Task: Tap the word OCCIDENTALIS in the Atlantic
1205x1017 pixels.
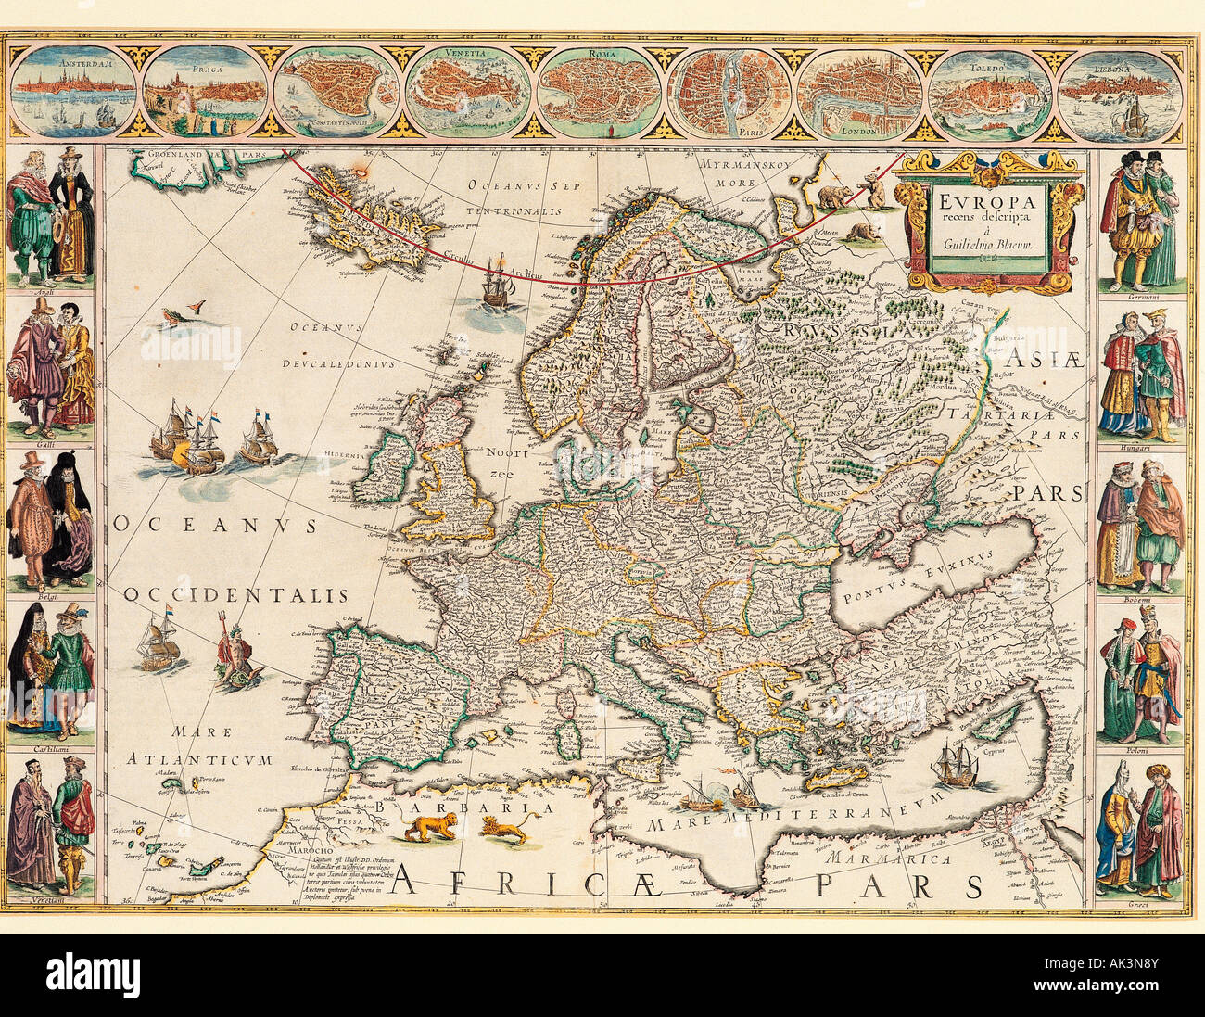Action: (x=236, y=595)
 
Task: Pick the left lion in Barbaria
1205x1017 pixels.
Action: (x=430, y=826)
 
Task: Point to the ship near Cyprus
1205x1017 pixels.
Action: (x=955, y=765)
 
